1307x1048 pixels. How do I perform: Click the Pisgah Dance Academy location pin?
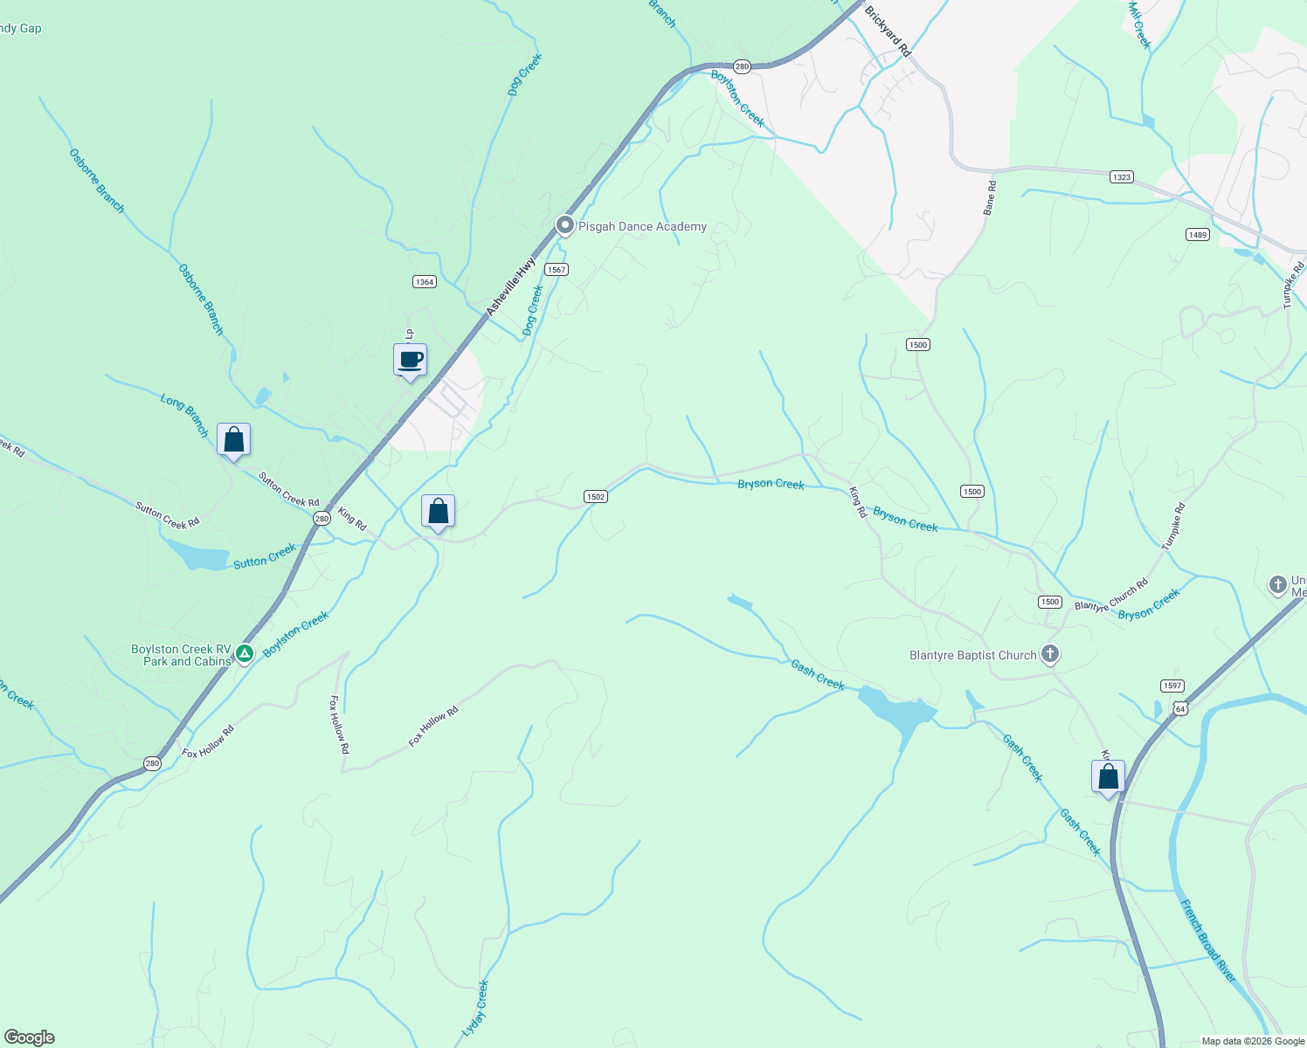565,225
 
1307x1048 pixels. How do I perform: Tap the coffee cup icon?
410,360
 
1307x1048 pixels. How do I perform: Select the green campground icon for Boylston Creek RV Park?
245,652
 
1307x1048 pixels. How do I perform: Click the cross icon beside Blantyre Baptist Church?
1051,654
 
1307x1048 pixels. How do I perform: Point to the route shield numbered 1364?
425,281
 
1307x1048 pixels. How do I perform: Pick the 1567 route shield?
557,269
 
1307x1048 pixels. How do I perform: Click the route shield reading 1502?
595,496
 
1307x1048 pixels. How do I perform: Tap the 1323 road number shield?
1122,176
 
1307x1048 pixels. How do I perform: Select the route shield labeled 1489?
1197,234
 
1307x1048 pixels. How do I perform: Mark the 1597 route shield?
1172,686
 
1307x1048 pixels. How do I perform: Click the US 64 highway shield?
1180,707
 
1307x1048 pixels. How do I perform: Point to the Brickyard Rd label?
887,32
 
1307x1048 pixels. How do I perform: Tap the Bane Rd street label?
989,198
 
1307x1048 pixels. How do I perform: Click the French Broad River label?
1208,941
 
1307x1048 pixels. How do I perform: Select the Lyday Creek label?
475,1008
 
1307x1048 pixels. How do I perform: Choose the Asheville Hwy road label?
511,287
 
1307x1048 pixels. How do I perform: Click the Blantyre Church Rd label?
1111,595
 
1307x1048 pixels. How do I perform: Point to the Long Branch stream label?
184,415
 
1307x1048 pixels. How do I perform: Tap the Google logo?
30,1038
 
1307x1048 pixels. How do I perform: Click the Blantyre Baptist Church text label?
972,655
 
